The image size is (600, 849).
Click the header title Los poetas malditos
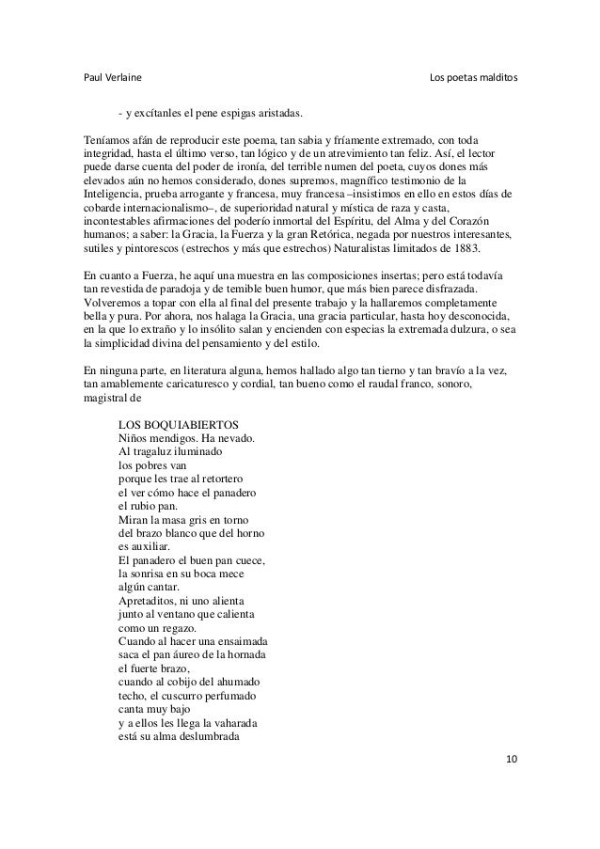pyautogui.click(x=472, y=75)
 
